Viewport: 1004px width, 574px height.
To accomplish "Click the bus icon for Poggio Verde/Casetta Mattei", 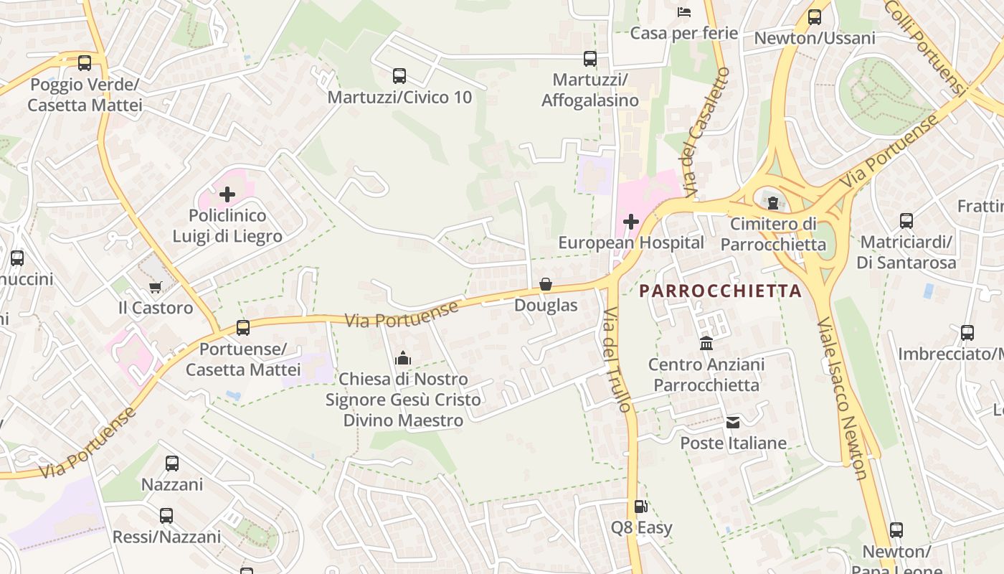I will point(85,62).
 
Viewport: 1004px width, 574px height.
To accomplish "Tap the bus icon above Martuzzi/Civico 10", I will point(399,75).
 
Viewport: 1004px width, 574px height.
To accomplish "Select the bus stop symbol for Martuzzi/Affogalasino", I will point(589,59).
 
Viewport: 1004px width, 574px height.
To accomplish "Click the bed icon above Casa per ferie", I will point(683,11).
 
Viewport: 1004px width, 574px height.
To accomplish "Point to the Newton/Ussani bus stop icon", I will point(814,17).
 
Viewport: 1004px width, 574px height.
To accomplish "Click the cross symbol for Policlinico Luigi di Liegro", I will point(227,194).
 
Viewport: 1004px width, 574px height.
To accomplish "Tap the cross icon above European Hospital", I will point(631,222).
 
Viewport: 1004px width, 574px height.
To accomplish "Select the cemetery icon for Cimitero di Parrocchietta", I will point(773,203).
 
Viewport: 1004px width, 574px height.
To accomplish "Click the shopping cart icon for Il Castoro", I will point(156,287).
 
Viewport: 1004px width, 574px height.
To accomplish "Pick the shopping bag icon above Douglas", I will point(546,285).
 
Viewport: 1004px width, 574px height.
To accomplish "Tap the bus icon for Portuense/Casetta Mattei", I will point(243,328).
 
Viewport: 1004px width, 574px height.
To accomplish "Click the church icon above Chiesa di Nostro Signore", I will point(403,357).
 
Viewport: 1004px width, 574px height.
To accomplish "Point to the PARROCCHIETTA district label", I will point(720,291).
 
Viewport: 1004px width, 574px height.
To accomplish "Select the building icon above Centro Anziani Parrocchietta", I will point(706,343).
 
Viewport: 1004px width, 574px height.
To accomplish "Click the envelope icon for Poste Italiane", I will point(733,422).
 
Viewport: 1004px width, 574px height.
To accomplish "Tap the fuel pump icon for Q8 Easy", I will point(641,507).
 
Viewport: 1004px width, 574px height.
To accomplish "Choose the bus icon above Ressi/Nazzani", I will point(166,515).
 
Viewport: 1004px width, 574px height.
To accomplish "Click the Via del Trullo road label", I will point(618,360).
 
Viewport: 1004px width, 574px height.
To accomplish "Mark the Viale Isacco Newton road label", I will point(843,398).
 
